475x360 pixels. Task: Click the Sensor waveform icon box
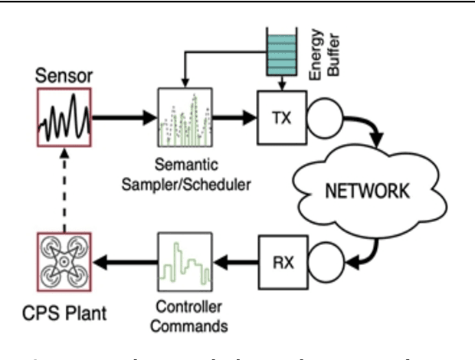click(x=64, y=117)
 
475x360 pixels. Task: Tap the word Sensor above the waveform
click(x=64, y=77)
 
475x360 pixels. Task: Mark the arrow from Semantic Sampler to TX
click(x=233, y=118)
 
